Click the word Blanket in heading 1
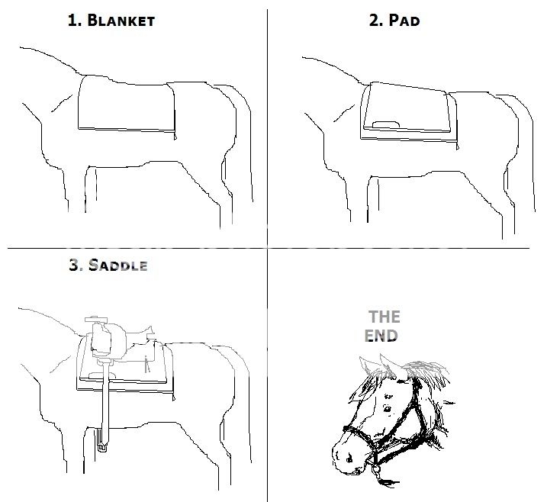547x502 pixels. point(121,21)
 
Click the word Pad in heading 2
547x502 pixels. point(404,21)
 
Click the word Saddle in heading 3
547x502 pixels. point(118,265)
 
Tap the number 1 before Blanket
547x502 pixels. point(74,21)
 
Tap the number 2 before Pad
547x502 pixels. point(376,21)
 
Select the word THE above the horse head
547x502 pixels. point(385,317)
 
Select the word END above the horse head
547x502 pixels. point(381,336)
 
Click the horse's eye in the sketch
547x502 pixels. point(388,408)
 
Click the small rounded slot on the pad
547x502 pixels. point(386,125)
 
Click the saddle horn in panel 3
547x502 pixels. point(97,320)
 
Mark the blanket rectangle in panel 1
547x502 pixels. point(127,104)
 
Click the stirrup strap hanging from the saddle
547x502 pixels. point(105,397)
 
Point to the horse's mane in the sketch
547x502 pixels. point(424,373)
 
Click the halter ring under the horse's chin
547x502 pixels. point(375,469)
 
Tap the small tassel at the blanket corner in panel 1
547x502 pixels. point(175,136)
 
